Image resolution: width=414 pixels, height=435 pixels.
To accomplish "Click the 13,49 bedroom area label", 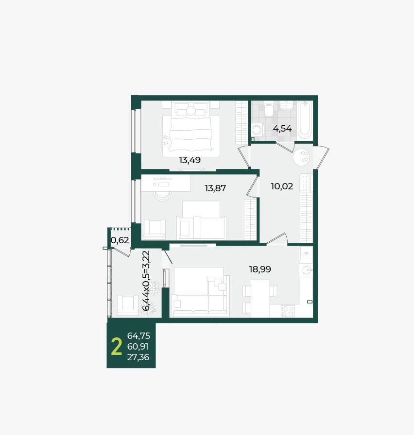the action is (190, 160).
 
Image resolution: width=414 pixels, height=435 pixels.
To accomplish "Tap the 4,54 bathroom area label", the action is (282, 129).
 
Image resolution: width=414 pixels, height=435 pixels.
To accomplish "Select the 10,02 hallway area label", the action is (282, 186).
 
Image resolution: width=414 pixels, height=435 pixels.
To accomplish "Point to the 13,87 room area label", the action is (215, 188).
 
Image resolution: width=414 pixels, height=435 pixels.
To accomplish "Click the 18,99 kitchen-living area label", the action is (260, 269).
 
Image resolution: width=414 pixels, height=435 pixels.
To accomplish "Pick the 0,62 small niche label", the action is (120, 240).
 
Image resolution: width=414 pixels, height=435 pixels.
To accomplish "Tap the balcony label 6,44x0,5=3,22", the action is (146, 281).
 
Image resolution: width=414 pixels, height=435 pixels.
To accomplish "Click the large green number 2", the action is (116, 347).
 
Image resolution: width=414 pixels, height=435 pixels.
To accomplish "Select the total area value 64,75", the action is (138, 336).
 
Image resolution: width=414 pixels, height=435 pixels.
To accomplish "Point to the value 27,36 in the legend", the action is (138, 357).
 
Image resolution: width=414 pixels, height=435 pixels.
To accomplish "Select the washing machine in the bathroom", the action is (258, 130).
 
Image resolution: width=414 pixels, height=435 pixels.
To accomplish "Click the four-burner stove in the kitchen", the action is (288, 311).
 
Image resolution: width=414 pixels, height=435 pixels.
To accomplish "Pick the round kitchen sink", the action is (307, 269).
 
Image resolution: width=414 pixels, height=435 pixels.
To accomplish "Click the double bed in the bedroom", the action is (191, 129).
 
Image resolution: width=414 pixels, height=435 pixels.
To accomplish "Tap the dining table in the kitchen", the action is (260, 299).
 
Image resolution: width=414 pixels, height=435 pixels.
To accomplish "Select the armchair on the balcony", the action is (128, 305).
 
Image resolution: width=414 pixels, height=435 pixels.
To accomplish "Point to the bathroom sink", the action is (286, 105).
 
